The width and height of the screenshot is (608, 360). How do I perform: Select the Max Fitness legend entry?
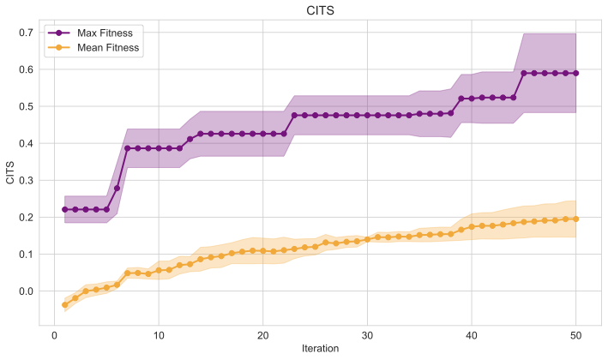[x=102, y=33]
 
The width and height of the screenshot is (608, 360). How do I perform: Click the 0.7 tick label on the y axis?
[x=27, y=33]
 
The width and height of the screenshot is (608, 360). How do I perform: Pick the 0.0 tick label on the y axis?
[x=27, y=291]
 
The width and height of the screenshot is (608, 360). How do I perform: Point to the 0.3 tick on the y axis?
[x=27, y=181]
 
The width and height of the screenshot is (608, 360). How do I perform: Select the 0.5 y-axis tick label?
[x=27, y=106]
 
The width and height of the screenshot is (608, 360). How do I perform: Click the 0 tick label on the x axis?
[x=55, y=333]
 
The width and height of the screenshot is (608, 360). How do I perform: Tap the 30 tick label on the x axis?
[x=367, y=333]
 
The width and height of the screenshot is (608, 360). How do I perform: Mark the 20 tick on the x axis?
[x=262, y=333]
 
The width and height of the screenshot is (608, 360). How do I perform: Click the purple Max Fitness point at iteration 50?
[x=575, y=73]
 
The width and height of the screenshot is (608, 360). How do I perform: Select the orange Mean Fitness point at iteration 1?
[x=65, y=305]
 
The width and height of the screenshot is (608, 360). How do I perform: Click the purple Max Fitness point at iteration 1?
[x=65, y=209]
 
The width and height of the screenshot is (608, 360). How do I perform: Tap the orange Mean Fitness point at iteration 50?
[x=575, y=219]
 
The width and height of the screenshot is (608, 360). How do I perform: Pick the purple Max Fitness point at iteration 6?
[x=117, y=188]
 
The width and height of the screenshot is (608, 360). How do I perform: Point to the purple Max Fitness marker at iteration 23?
[x=294, y=115]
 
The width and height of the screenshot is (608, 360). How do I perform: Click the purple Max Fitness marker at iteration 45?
[x=523, y=73]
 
